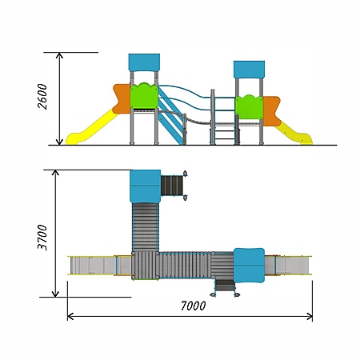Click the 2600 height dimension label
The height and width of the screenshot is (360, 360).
pyautogui.click(x=42, y=96)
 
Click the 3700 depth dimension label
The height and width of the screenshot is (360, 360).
pyautogui.click(x=42, y=238)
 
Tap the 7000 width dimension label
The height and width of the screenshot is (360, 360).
pyautogui.click(x=193, y=306)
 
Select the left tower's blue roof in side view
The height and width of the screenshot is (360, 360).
pyautogui.click(x=144, y=62)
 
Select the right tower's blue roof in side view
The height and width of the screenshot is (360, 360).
pyautogui.click(x=249, y=70)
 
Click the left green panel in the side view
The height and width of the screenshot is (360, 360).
pyautogui.click(x=144, y=96)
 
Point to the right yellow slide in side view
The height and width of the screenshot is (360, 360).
pyautogui.click(x=294, y=133)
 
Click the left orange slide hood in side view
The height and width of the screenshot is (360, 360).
pyautogui.click(x=122, y=98)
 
